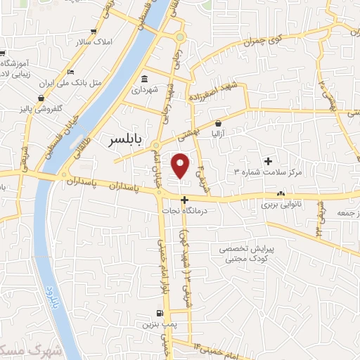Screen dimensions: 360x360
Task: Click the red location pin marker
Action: (181, 165)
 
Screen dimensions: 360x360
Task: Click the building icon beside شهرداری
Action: (145, 79)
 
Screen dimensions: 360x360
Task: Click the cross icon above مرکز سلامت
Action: (268, 161)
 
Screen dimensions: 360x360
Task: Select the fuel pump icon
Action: (160, 314)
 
